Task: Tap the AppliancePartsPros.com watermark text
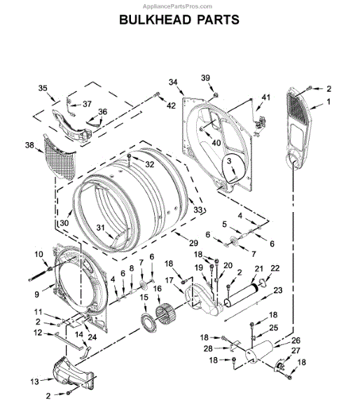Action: coord(177,6)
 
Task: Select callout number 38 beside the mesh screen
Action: coord(29,145)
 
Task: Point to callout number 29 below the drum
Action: coord(193,243)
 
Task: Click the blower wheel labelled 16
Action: coord(165,313)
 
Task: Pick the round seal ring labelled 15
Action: coord(148,323)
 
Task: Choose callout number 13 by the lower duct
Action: coord(34,381)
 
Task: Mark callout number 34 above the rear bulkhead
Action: coord(173,82)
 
